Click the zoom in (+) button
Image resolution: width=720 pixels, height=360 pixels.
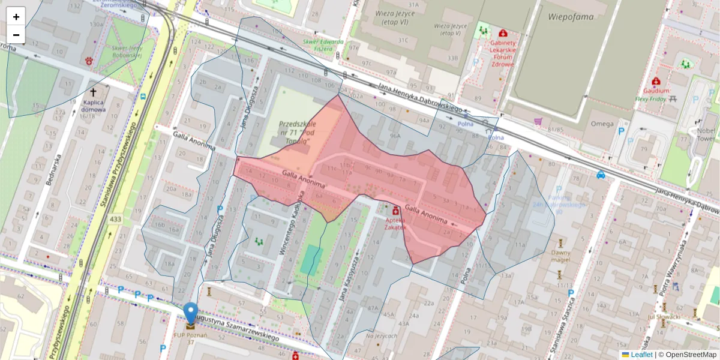[x=16, y=16]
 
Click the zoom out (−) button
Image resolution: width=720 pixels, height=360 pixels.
[x=16, y=35]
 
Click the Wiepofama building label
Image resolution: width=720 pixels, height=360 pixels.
[x=571, y=16]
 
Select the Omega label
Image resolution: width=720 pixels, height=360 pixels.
[x=602, y=124]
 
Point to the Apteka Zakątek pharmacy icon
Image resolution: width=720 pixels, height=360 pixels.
[x=395, y=211]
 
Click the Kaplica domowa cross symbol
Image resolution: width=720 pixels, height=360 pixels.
[x=93, y=92]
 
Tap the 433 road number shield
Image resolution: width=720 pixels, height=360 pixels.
[x=115, y=220]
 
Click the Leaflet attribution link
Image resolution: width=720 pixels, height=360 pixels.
[x=641, y=355]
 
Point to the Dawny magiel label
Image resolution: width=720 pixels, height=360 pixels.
[x=560, y=256]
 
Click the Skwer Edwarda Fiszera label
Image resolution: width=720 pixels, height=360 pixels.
[x=323, y=45]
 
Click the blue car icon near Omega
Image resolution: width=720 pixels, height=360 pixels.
[x=601, y=175]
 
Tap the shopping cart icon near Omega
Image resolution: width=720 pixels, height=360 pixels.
[x=538, y=121]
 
